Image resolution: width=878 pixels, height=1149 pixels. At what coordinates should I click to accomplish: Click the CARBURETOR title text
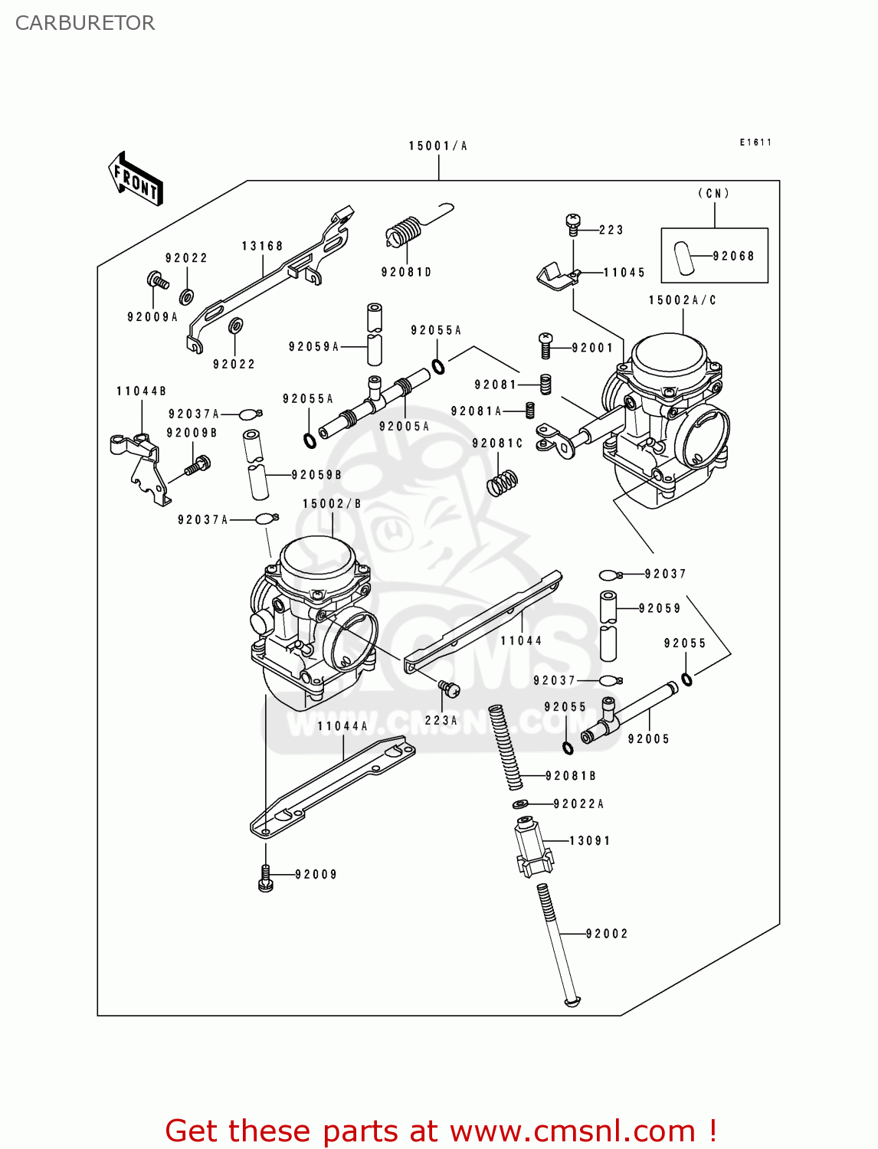pyautogui.click(x=85, y=23)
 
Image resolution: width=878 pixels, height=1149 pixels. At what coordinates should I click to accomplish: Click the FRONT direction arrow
pyautogui.click(x=136, y=179)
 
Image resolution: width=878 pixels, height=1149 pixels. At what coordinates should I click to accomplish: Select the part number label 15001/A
pyautogui.click(x=437, y=146)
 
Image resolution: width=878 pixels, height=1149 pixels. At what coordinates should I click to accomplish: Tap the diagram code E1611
pyautogui.click(x=755, y=142)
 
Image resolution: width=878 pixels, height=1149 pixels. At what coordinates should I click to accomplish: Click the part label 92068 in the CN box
pyautogui.click(x=733, y=256)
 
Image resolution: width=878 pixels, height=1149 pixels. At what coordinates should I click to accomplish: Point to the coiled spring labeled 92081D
pyautogui.click(x=405, y=231)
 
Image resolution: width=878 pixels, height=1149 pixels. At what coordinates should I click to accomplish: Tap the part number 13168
pyautogui.click(x=262, y=246)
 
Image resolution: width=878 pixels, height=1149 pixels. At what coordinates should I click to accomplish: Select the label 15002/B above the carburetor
pyautogui.click(x=332, y=504)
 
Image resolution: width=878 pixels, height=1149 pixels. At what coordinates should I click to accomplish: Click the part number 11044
pyautogui.click(x=521, y=640)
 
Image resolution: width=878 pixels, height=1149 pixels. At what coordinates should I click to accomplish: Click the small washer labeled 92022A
pyautogui.click(x=521, y=804)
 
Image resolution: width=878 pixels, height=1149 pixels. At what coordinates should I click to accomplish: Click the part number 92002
pyautogui.click(x=607, y=934)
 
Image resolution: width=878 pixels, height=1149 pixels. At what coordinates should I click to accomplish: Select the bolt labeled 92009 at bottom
pyautogui.click(x=266, y=878)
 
